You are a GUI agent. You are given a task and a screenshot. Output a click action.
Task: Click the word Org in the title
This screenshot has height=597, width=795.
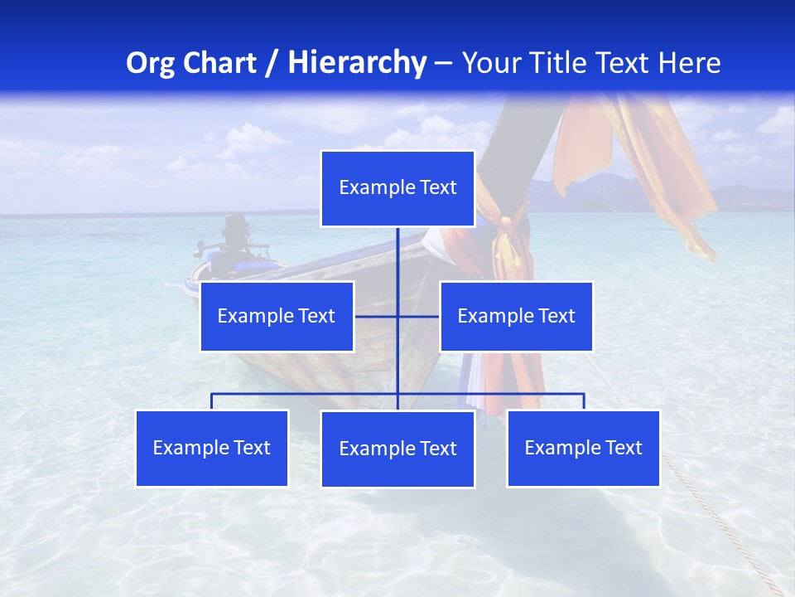pyautogui.click(x=148, y=63)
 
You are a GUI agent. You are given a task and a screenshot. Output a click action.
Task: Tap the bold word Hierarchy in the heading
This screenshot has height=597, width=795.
pyautogui.click(x=356, y=63)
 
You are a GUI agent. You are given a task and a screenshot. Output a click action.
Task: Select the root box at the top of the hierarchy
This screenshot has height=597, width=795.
pyautogui.click(x=397, y=188)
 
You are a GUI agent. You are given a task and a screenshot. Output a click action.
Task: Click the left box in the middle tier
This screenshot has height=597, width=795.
pyautogui.click(x=277, y=316)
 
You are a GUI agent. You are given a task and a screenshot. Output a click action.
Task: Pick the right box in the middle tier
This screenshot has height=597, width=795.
pyautogui.click(x=516, y=316)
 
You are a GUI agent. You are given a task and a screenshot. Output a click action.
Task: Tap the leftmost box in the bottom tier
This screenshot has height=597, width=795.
pyautogui.click(x=212, y=448)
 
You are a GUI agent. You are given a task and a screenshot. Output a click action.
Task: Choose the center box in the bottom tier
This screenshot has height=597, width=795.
pyautogui.click(x=397, y=449)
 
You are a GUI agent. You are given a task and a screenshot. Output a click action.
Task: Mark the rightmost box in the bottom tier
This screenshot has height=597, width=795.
pyautogui.click(x=583, y=448)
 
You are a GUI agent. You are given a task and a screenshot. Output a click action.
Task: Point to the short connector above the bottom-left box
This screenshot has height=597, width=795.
pyautogui.click(x=212, y=401)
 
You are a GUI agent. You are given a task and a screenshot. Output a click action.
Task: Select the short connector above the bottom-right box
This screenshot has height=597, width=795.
pyautogui.click(x=583, y=401)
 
